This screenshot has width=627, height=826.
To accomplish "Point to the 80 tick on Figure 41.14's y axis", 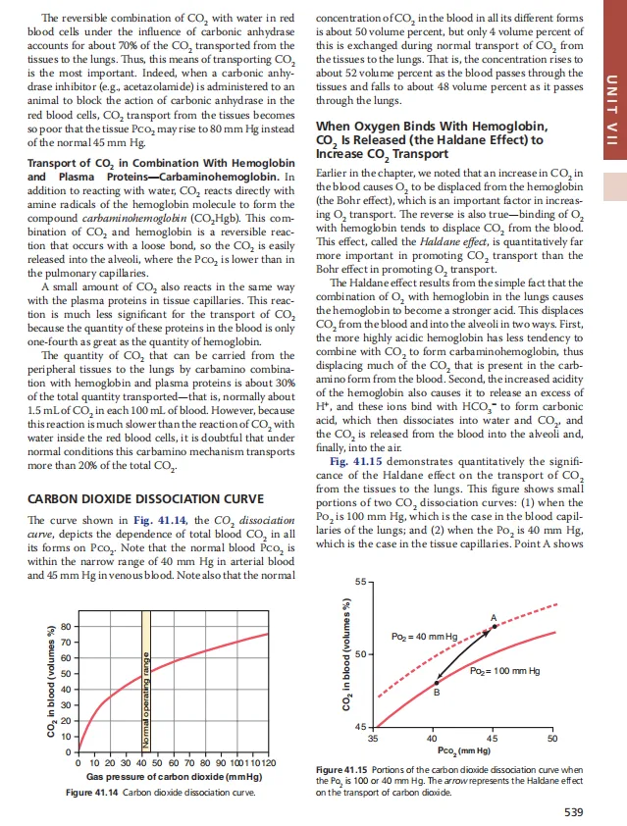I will point(66,626).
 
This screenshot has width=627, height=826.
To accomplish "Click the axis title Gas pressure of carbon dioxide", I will point(171,776).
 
